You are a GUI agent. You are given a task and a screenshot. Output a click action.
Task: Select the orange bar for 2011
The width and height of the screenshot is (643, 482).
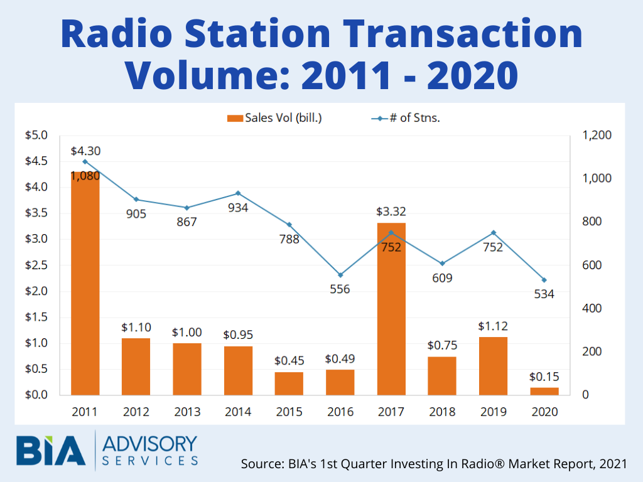(x=85, y=282)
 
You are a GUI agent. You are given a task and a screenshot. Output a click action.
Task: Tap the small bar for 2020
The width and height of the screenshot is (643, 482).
(x=544, y=391)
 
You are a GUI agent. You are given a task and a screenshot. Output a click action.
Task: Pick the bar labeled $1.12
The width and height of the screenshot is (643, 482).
(x=493, y=366)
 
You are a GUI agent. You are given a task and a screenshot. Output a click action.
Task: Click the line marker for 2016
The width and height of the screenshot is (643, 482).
(x=340, y=275)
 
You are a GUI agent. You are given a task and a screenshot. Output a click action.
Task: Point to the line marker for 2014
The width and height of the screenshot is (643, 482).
(x=238, y=193)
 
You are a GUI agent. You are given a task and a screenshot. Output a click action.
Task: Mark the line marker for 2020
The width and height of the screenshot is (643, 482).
(x=544, y=280)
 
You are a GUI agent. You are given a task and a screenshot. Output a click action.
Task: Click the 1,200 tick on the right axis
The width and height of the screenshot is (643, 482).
(x=597, y=135)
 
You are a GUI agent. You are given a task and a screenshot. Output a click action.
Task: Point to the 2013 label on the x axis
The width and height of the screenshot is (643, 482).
(x=187, y=412)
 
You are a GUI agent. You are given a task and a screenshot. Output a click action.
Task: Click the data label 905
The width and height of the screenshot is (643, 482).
(x=136, y=214)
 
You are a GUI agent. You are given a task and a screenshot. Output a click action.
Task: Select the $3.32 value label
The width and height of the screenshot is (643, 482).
(x=391, y=212)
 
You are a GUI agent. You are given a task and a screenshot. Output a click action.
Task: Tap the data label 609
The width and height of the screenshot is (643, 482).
(x=442, y=278)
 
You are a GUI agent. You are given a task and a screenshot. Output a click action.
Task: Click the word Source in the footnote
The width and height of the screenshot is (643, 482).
(x=259, y=464)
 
